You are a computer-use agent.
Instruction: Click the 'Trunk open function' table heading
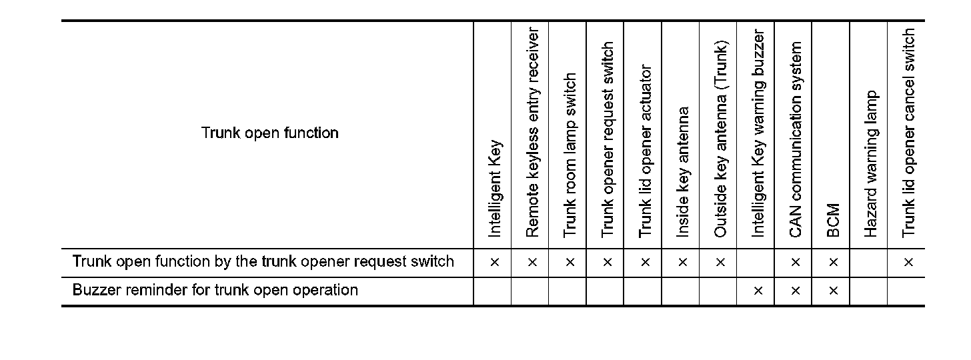[270, 133]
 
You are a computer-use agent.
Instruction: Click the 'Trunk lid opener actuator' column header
[644, 151]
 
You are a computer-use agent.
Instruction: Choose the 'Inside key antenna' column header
[682, 172]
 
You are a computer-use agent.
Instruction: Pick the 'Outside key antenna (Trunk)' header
[720, 139]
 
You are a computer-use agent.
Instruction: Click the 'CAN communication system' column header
[795, 139]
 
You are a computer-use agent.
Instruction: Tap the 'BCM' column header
[832, 221]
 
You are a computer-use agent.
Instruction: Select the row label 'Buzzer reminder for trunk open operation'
[215, 291]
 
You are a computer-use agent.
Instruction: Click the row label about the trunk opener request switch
[263, 261]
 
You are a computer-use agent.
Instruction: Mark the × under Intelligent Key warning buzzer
[757, 291]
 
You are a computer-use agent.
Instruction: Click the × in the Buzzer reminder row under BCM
[832, 291]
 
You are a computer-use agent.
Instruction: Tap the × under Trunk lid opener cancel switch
[908, 263]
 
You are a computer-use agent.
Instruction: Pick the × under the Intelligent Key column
[494, 263]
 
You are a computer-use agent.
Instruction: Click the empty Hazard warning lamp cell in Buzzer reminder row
[869, 291]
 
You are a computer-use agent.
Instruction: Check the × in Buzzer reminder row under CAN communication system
[795, 291]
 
